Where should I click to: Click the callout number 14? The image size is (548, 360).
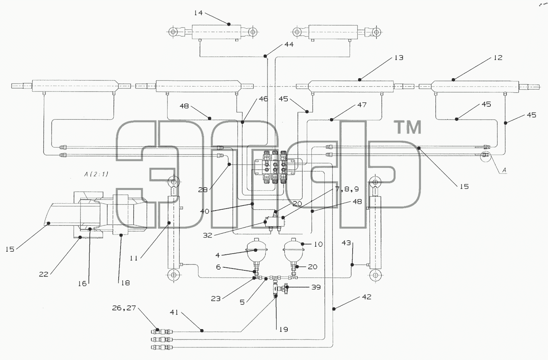pyautogui.click(x=198, y=13)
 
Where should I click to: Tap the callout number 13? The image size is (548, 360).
pyautogui.click(x=399, y=58)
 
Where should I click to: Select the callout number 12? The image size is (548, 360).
pyautogui.click(x=498, y=58)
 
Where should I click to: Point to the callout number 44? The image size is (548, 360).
pyautogui.click(x=289, y=45)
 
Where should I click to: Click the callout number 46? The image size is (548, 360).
pyautogui.click(x=263, y=99)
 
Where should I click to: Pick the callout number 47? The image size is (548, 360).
pyautogui.click(x=362, y=105)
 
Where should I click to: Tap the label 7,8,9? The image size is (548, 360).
pyautogui.click(x=347, y=189)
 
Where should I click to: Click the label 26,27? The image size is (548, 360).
pyautogui.click(x=124, y=308)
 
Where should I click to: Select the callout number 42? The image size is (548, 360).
pyautogui.click(x=367, y=297)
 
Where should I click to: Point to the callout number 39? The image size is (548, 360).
pyautogui.click(x=316, y=287)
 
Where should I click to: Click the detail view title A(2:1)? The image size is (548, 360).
pyautogui.click(x=96, y=174)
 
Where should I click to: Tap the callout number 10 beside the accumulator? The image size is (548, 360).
pyautogui.click(x=318, y=244)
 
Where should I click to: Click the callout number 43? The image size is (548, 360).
pyautogui.click(x=346, y=243)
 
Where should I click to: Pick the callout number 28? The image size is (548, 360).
pyautogui.click(x=203, y=190)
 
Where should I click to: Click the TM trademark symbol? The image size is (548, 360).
pyautogui.click(x=409, y=128)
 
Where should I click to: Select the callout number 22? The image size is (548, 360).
pyautogui.click(x=44, y=275)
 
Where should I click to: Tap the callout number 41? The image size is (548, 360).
pyautogui.click(x=174, y=312)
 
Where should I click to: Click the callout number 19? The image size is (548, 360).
pyautogui.click(x=284, y=329)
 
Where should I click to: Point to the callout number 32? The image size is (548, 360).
pyautogui.click(x=208, y=235)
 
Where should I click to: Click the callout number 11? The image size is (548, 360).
pyautogui.click(x=134, y=258)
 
